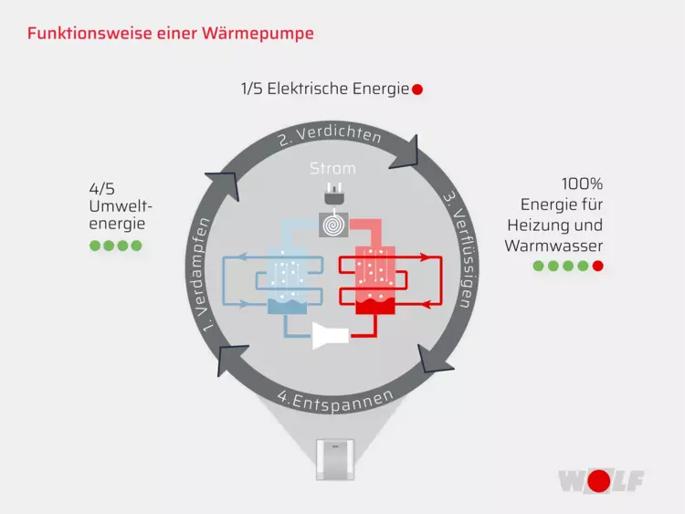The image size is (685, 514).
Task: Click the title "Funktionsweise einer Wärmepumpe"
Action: [171, 34]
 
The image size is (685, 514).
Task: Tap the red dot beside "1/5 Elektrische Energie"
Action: [417, 89]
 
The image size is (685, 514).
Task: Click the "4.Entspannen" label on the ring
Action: [336, 399]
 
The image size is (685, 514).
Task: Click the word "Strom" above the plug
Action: [332, 169]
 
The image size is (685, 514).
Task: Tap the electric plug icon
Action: [332, 194]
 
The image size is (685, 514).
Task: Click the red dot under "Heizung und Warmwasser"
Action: [597, 267]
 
